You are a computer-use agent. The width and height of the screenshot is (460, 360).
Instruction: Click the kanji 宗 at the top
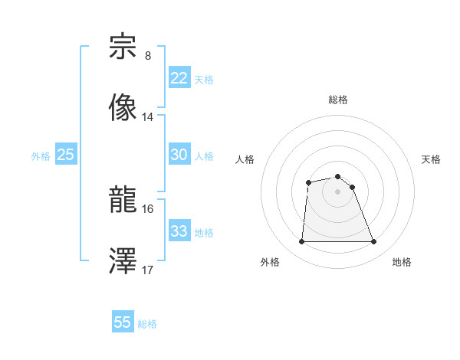tap(123, 47)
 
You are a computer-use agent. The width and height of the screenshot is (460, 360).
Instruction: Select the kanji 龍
tap(123, 200)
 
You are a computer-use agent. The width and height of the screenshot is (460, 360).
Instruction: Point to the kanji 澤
tap(123, 261)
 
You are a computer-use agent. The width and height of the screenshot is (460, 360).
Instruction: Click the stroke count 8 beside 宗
tap(148, 56)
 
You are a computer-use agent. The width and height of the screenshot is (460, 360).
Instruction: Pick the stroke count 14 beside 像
tap(148, 117)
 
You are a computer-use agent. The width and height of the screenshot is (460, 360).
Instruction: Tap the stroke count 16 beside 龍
tap(148, 208)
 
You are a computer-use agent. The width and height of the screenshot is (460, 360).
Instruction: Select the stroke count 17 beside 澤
tap(148, 270)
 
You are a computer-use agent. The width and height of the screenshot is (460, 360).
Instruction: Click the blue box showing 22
tap(179, 78)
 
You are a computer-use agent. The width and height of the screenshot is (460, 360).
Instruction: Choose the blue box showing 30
tap(179, 155)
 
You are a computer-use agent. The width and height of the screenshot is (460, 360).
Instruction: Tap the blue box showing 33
tap(179, 231)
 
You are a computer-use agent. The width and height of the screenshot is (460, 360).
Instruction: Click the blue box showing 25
tap(66, 155)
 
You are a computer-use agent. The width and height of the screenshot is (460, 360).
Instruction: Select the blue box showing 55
tap(123, 322)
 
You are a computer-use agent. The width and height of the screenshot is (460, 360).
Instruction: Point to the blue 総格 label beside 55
tap(148, 324)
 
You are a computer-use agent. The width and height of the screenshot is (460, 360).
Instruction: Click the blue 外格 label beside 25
tap(41, 156)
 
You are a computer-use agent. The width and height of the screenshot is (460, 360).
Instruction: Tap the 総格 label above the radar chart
tap(338, 100)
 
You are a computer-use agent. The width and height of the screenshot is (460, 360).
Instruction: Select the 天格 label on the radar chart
tap(431, 159)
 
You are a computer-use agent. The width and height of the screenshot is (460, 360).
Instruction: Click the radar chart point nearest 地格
tap(374, 242)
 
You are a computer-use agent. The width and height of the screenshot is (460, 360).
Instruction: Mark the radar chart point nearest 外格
tap(301, 242)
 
